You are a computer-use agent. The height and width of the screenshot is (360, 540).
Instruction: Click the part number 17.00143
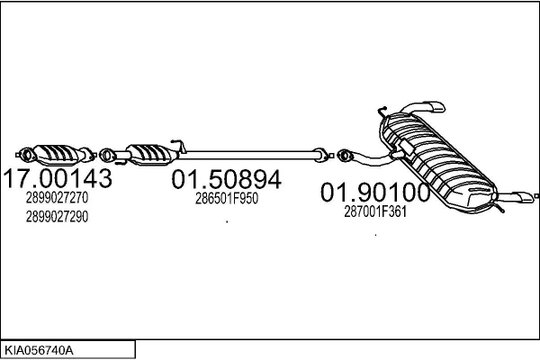58,178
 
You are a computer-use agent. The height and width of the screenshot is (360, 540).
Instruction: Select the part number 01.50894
226,179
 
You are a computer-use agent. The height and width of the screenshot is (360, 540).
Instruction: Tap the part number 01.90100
375,193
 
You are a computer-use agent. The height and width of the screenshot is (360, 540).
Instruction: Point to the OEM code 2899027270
57,197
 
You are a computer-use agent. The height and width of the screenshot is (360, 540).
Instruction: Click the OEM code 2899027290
57,217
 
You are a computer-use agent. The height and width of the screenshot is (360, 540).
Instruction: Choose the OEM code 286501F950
227,198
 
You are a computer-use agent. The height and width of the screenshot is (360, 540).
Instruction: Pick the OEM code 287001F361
375,211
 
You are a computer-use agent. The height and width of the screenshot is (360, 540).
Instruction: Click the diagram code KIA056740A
39,350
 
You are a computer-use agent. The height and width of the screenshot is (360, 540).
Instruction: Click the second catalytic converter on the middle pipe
150,155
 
